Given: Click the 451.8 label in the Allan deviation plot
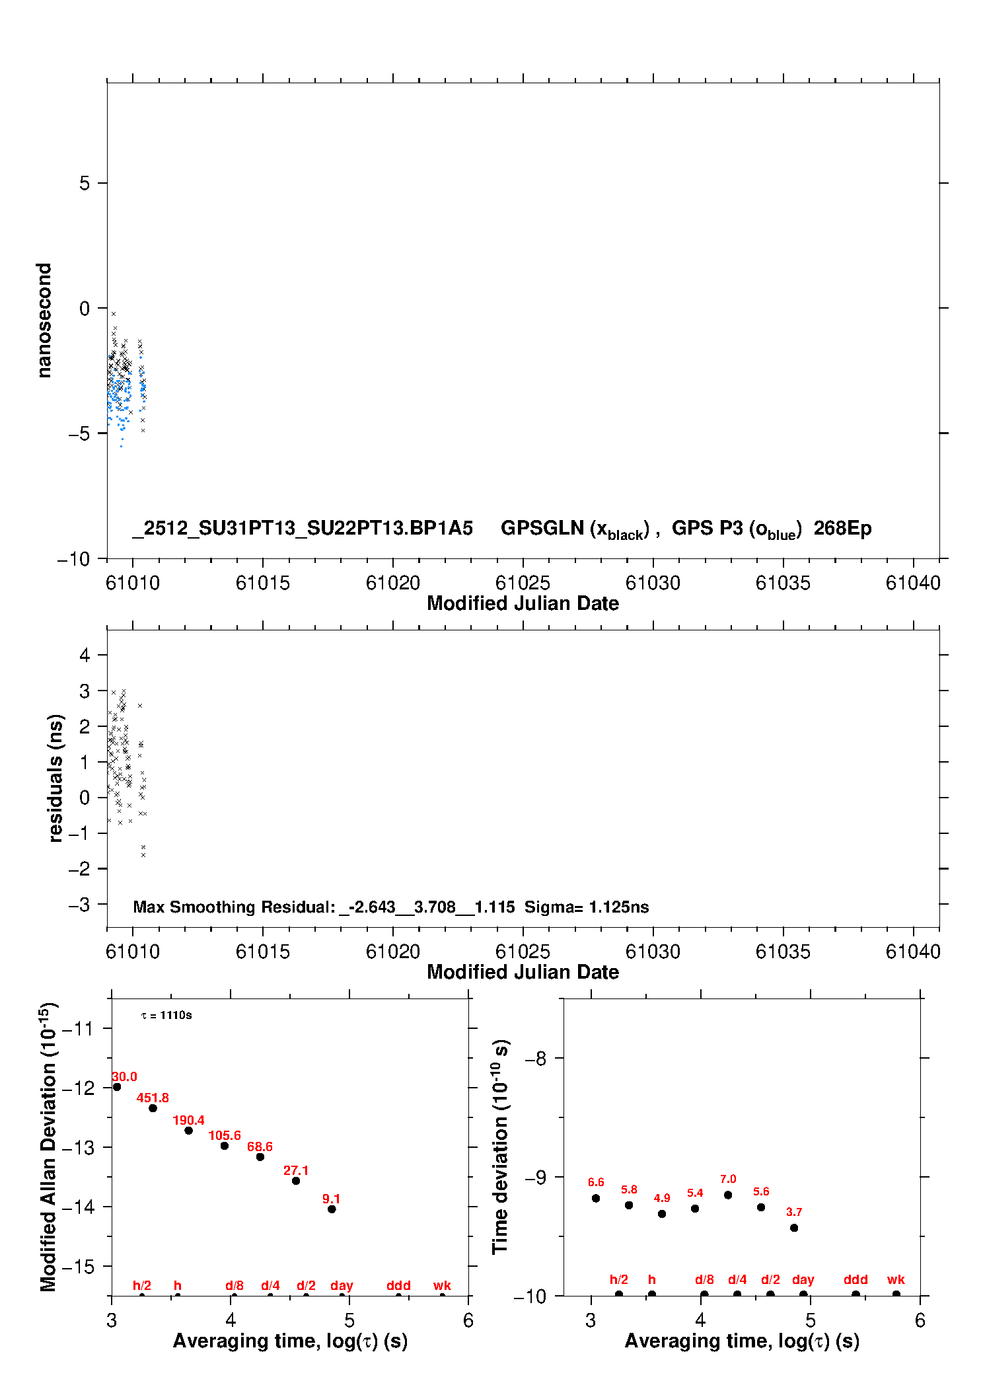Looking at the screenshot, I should coord(153,1098).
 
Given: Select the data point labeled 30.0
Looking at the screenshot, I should coord(117,1086).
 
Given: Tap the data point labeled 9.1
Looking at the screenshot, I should coord(332,1209).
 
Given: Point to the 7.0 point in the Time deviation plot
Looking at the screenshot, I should coord(728,1195).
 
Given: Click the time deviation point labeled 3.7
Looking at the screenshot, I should coord(794,1228).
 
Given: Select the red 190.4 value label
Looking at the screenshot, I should coord(188,1120).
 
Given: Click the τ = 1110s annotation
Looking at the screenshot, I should coord(166,1015).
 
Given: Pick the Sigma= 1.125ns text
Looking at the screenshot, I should coord(587,907).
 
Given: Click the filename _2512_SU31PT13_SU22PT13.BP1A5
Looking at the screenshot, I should coord(303,528).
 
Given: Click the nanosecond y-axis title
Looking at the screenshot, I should coord(44,320).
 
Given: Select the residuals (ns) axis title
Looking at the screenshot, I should coord(55,778).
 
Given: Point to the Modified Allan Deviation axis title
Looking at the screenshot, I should coord(48,1147).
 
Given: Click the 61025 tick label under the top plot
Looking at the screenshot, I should coord(523,583).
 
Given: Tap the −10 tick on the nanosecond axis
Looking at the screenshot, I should coord(73,559).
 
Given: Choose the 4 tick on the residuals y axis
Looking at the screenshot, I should coord(85,655).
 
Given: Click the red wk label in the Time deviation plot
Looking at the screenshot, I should coord(896,1279).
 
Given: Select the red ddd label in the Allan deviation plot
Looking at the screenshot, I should coord(398,1285).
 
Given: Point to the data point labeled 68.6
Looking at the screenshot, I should coord(260,1156).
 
